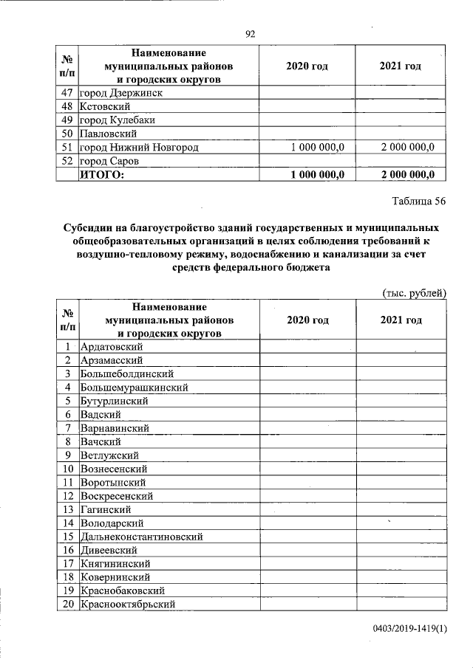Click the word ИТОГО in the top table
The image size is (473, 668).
103,174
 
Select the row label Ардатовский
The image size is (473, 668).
112,347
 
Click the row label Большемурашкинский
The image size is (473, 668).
134,388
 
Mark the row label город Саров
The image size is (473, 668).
109,160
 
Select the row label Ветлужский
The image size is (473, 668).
109,455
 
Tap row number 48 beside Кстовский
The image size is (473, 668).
67,106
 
